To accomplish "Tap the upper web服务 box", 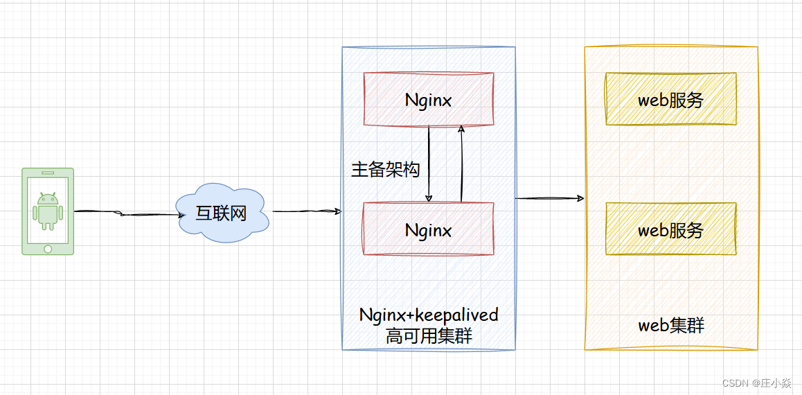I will (670, 99).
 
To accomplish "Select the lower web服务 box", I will (670, 229).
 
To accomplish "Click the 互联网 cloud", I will (222, 213).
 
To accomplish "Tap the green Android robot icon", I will (48, 210).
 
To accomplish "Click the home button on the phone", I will (48, 248).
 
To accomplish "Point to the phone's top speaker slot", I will (48, 173).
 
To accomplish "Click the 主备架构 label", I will (385, 170).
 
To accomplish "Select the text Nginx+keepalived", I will (429, 315).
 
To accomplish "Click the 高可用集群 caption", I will (429, 336).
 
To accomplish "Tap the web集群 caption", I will (670, 325).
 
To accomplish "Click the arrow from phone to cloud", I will (125, 213).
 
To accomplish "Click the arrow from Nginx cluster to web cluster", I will (549, 199).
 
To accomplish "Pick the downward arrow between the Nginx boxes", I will (429, 164).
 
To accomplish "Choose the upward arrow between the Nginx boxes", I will (461, 164).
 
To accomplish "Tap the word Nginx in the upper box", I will (428, 100).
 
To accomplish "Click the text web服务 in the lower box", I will (670, 230).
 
